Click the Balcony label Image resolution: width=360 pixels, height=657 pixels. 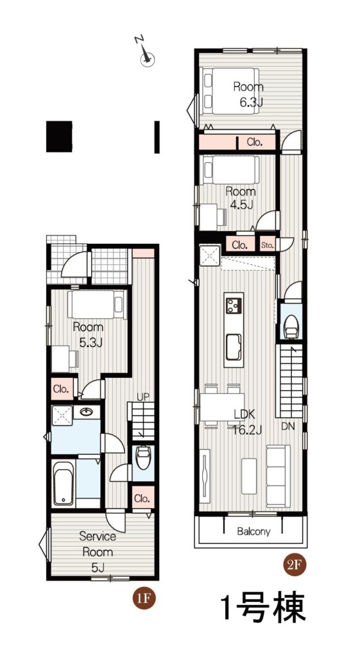[253, 531]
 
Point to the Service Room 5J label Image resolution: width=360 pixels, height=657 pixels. [98, 552]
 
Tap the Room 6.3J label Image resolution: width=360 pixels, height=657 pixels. [248, 94]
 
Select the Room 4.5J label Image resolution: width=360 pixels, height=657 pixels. [241, 198]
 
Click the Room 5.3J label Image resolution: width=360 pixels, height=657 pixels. [88, 334]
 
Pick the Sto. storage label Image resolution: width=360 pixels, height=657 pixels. [266, 244]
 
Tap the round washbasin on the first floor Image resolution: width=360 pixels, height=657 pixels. [87, 411]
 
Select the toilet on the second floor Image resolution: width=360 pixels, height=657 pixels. [290, 327]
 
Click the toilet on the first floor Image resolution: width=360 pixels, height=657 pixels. [143, 458]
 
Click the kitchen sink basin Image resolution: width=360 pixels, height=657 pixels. [234, 347]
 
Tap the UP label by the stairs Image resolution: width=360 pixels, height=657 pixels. [143, 397]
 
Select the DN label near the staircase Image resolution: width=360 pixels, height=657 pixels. [287, 427]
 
